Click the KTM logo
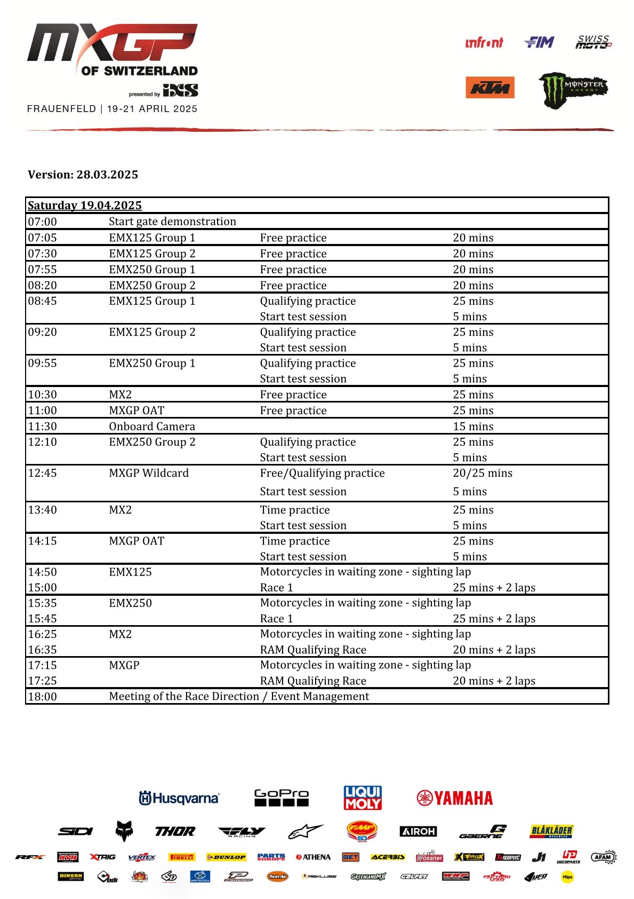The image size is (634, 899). [x=489, y=88]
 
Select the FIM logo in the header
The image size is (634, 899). [x=539, y=42]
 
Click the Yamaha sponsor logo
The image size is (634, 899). [x=454, y=798]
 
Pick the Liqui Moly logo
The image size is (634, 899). [x=363, y=798]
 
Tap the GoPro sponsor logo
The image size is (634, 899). [x=282, y=798]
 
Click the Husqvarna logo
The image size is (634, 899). [x=179, y=798]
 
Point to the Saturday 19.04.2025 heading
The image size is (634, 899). [x=85, y=206]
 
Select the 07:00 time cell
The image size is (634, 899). [x=43, y=222]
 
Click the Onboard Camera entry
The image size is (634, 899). [x=152, y=427]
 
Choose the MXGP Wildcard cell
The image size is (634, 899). [x=149, y=473]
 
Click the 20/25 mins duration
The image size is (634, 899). [x=483, y=473]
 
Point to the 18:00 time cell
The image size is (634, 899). [x=43, y=697]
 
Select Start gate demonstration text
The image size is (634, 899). [x=172, y=222]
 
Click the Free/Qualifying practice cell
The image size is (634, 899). [x=322, y=473]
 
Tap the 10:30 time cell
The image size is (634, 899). [x=43, y=395]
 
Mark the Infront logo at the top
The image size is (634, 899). [x=484, y=43]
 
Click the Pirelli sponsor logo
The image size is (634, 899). [x=182, y=857]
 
